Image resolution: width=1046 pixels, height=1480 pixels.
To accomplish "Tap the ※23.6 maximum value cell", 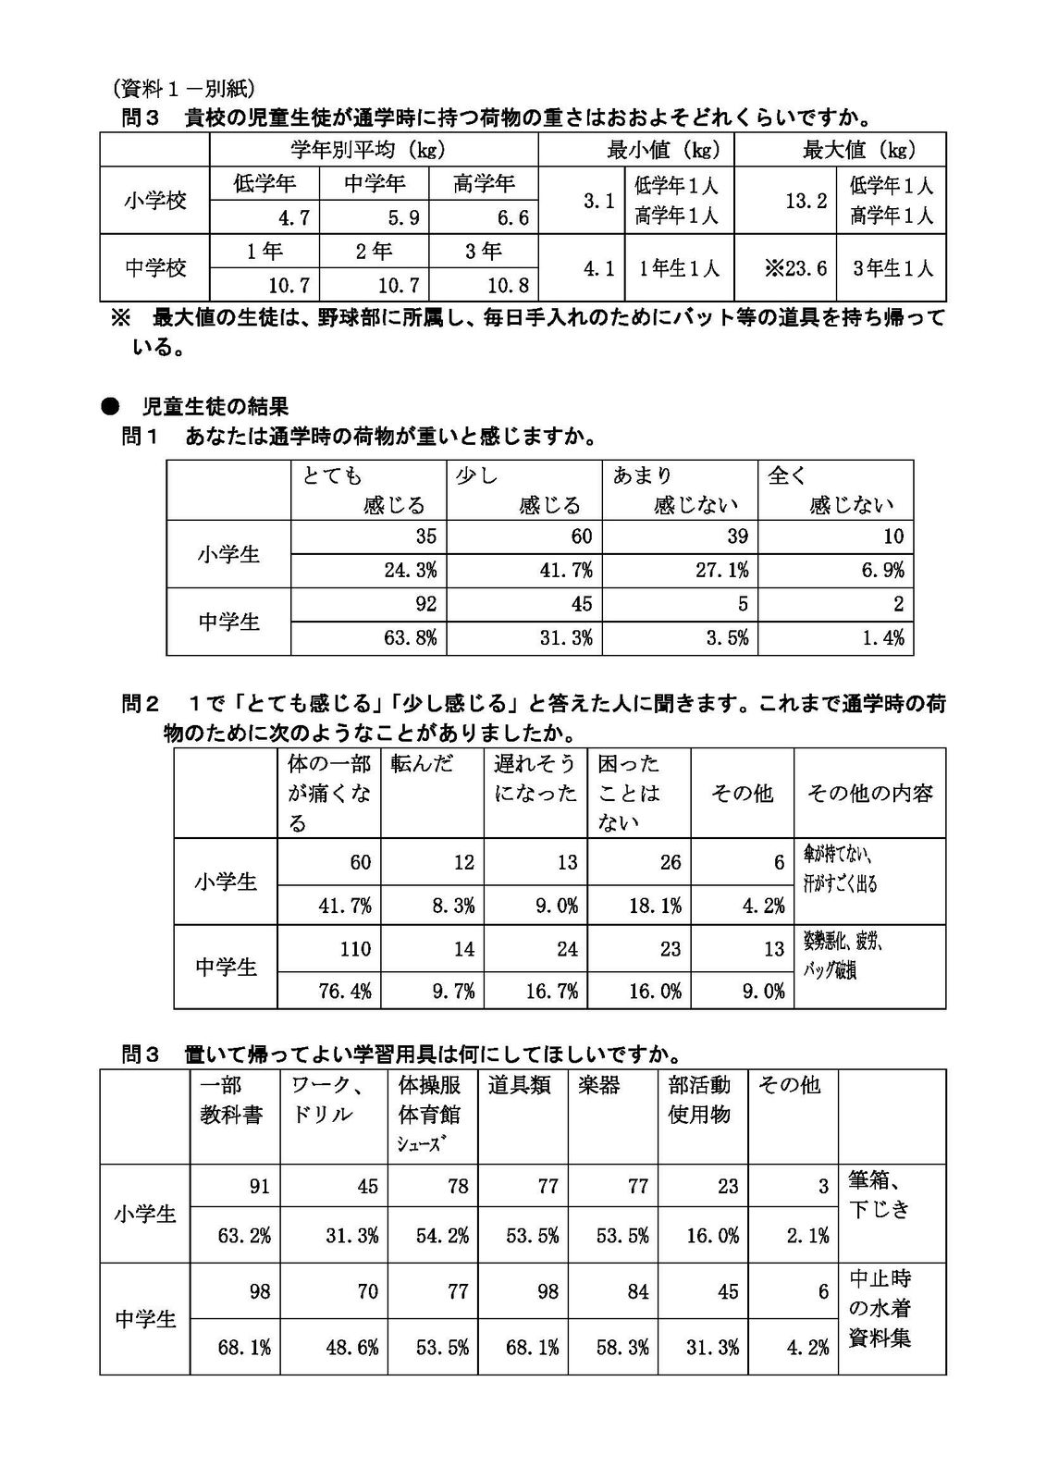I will click(x=796, y=268).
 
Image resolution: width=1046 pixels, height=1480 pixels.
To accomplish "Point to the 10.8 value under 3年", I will click(x=509, y=284).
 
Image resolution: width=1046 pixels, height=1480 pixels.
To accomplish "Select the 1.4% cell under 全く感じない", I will click(x=882, y=638).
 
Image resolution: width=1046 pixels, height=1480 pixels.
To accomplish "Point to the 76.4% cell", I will click(x=345, y=991).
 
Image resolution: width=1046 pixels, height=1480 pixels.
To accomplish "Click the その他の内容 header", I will click(x=869, y=794).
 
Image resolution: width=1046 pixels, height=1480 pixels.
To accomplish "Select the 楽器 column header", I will click(x=598, y=1085).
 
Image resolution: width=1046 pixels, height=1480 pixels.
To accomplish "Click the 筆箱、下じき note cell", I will click(x=880, y=1194).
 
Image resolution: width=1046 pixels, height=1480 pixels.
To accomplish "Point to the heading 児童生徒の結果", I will click(x=215, y=406).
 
